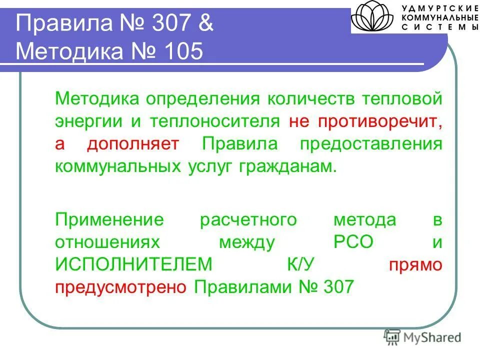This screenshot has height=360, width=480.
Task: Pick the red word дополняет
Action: pos(132,144)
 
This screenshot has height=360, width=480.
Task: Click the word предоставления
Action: pos(371,144)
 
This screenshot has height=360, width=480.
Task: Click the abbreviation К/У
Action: pos(299,265)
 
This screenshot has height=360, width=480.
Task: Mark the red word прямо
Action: pos(415,265)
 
